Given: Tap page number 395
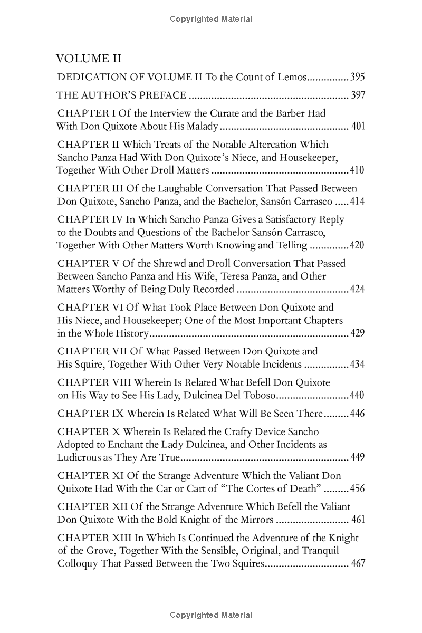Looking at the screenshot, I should click(357, 77).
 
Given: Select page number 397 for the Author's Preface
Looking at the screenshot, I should click(357, 95).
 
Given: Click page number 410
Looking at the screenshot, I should click(357, 170).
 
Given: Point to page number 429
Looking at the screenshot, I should click(357, 333).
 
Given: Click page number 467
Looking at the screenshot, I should click(358, 563).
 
